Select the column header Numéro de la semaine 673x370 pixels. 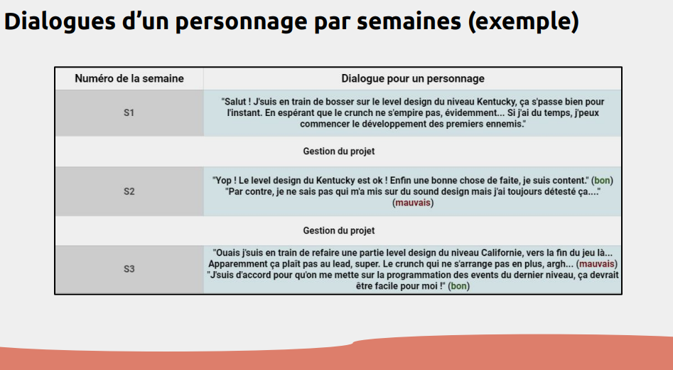[129, 79]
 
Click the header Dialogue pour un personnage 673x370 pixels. [412, 79]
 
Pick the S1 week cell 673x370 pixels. [129, 113]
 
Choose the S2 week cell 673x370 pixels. [129, 191]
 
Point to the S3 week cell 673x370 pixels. [129, 269]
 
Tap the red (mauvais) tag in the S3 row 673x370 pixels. [593, 263]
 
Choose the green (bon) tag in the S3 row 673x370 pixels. [459, 286]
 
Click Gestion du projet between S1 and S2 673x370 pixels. [338, 152]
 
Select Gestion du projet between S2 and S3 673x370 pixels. [338, 231]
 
